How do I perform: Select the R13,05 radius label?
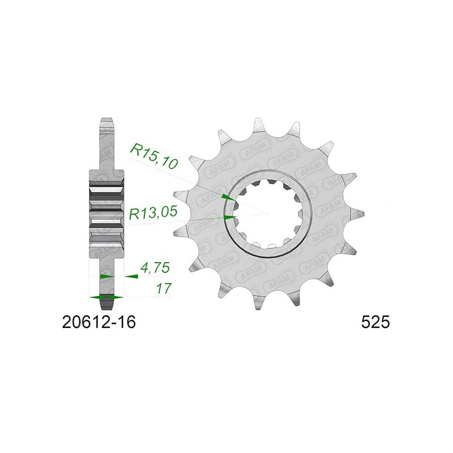153,213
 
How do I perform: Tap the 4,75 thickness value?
155,268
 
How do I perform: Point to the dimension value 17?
164,288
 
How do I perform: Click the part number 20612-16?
99,322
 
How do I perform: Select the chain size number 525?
375,322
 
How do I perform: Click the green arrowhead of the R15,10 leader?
228,198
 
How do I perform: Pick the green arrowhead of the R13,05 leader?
230,217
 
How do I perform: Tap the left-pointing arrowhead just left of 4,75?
131,276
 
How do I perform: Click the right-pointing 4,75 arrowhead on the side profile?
106,276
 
